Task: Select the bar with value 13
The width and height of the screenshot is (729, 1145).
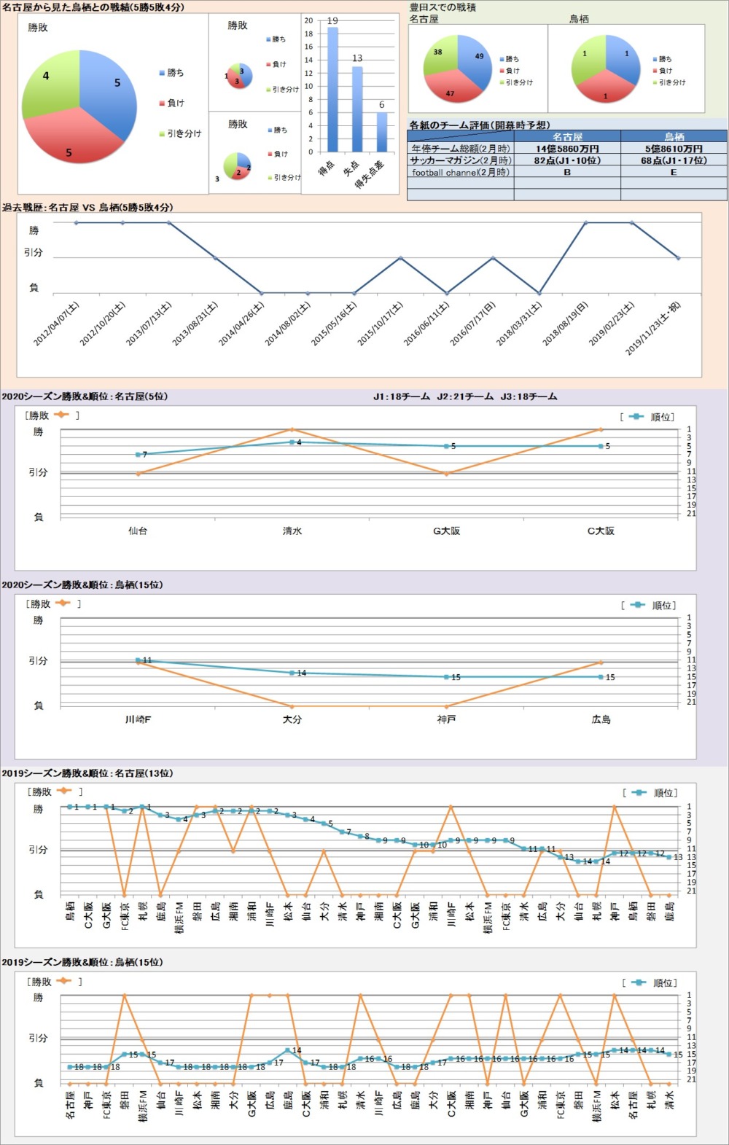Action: [x=357, y=109]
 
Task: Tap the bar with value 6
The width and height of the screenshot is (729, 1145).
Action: [x=381, y=132]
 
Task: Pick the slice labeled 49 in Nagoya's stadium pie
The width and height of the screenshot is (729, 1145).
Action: [x=475, y=60]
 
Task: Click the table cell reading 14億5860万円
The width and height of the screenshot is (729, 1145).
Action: [x=567, y=149]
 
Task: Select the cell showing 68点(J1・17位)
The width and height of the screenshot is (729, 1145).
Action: [x=674, y=160]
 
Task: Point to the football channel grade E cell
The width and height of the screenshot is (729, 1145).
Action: [x=674, y=173]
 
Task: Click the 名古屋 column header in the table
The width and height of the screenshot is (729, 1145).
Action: [x=567, y=136]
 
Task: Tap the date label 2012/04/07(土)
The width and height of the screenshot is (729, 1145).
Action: [x=57, y=323]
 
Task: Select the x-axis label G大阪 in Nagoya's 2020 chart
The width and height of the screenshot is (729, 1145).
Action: [x=446, y=531]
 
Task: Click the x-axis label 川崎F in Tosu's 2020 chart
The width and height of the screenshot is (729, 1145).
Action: [x=138, y=719]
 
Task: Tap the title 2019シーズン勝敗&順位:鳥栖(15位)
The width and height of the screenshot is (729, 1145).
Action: [x=82, y=963]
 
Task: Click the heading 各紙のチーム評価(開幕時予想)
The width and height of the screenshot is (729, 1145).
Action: [x=480, y=125]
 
